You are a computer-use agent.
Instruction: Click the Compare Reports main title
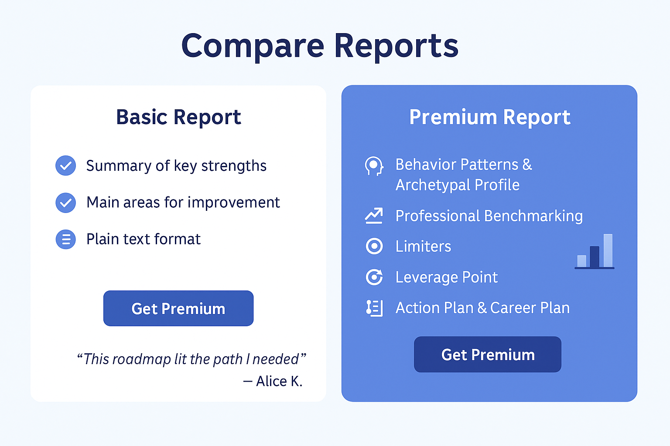[320, 47]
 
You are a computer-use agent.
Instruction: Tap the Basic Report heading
[178, 117]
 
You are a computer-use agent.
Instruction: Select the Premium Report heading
[490, 117]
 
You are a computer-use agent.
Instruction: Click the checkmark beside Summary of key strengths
[65, 166]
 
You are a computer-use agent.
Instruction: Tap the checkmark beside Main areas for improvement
[65, 203]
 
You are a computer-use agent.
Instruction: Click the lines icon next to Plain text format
[65, 239]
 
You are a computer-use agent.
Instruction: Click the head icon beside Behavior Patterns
[374, 166]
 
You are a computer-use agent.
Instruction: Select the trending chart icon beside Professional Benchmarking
[374, 216]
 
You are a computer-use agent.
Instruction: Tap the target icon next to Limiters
[374, 246]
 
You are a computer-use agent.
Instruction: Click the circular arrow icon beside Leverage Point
[374, 277]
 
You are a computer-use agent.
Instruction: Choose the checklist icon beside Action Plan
[374, 308]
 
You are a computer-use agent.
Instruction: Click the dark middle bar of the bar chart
[595, 257]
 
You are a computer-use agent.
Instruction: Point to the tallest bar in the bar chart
[608, 250]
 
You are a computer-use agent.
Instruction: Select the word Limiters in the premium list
[423, 247]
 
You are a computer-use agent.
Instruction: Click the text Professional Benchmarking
[489, 216]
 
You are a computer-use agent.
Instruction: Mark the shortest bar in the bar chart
[581, 261]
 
